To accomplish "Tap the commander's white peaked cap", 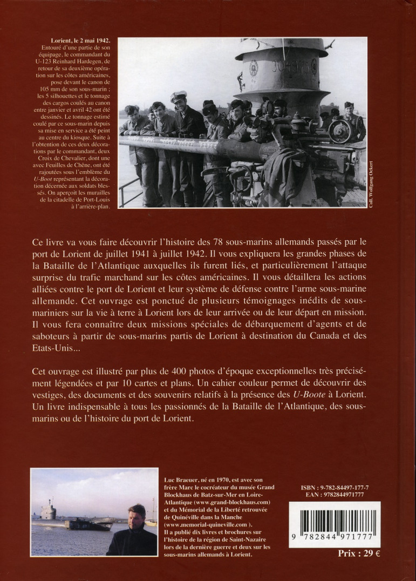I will tap(179, 96).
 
